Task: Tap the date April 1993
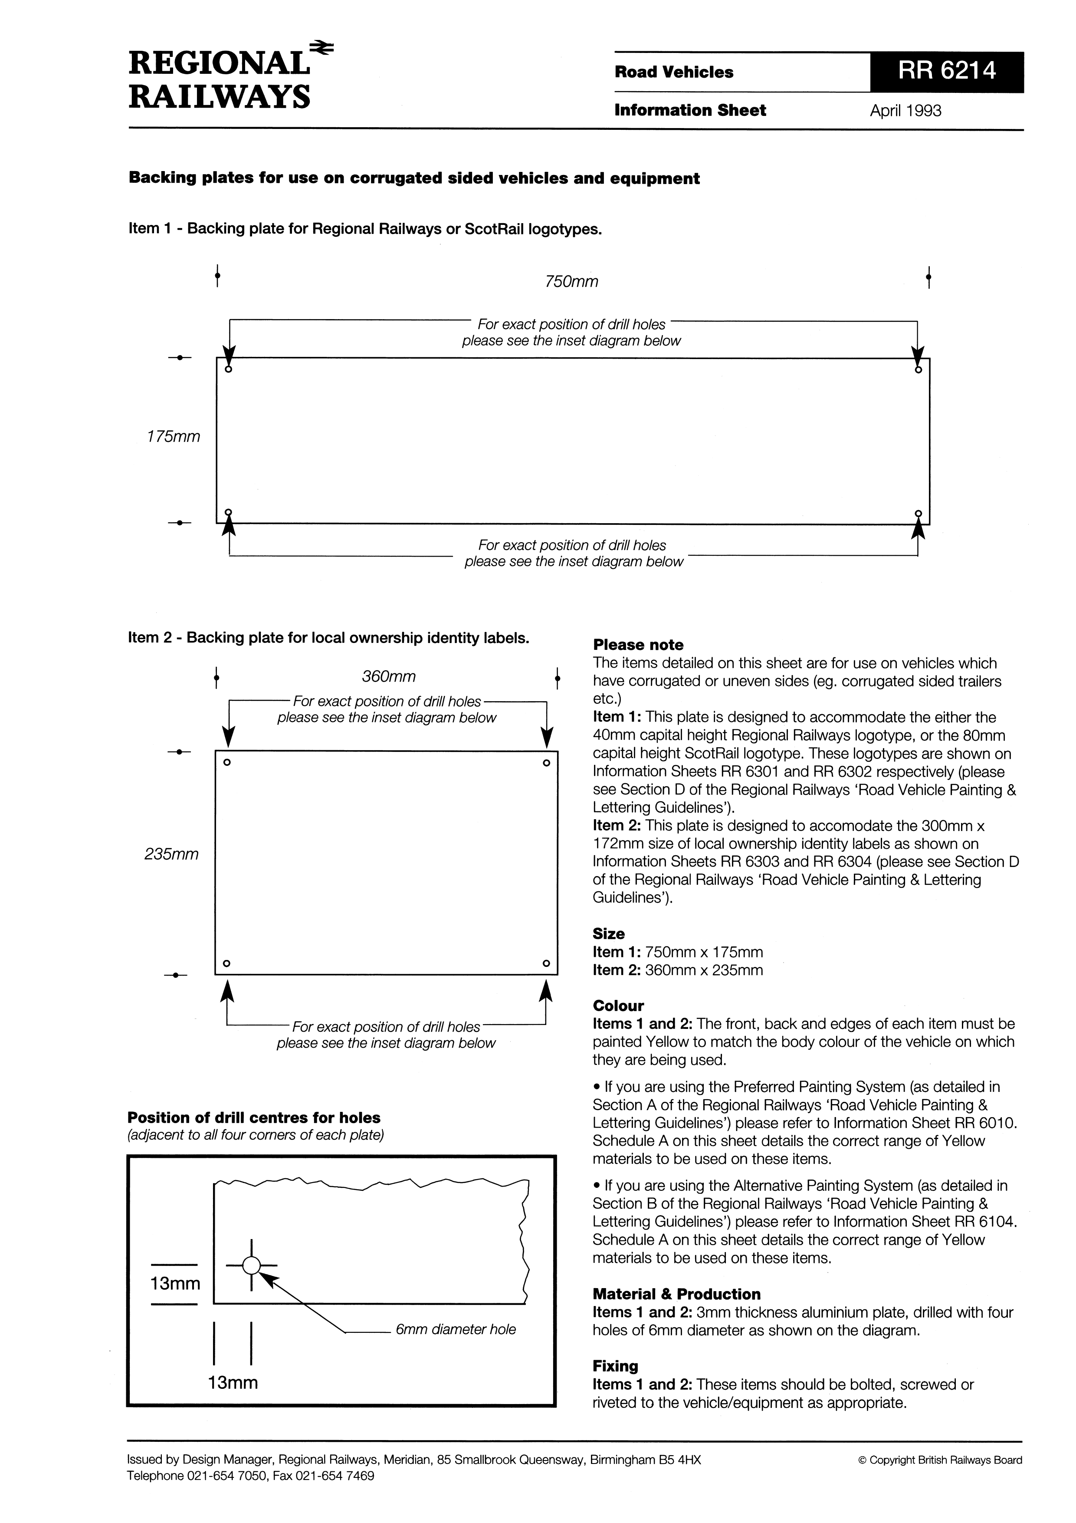click(905, 111)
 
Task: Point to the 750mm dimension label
click(571, 282)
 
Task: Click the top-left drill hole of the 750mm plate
click(229, 369)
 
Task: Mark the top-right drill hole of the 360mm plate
click(546, 763)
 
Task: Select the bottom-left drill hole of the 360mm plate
click(227, 963)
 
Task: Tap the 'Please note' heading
click(638, 645)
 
